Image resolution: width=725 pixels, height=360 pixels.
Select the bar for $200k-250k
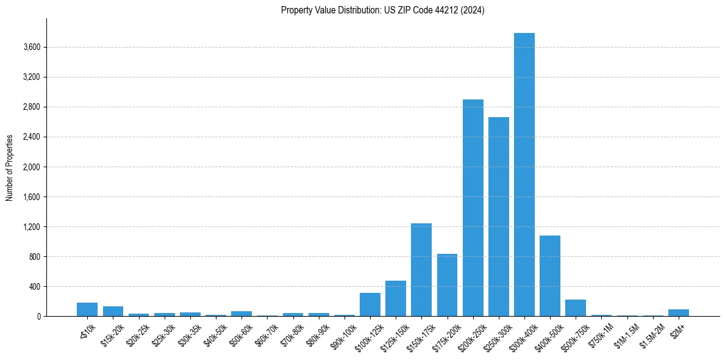click(473, 207)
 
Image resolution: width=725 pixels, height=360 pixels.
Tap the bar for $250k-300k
click(498, 217)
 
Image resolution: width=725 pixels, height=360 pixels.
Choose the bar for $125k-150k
click(395, 298)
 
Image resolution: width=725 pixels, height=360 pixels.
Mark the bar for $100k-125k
click(370, 304)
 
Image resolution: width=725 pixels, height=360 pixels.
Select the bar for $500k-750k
click(576, 308)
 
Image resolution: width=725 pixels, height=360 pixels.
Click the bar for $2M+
click(678, 312)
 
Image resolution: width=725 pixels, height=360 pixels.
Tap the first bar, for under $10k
click(87, 309)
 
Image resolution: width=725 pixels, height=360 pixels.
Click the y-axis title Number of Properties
click(10, 167)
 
